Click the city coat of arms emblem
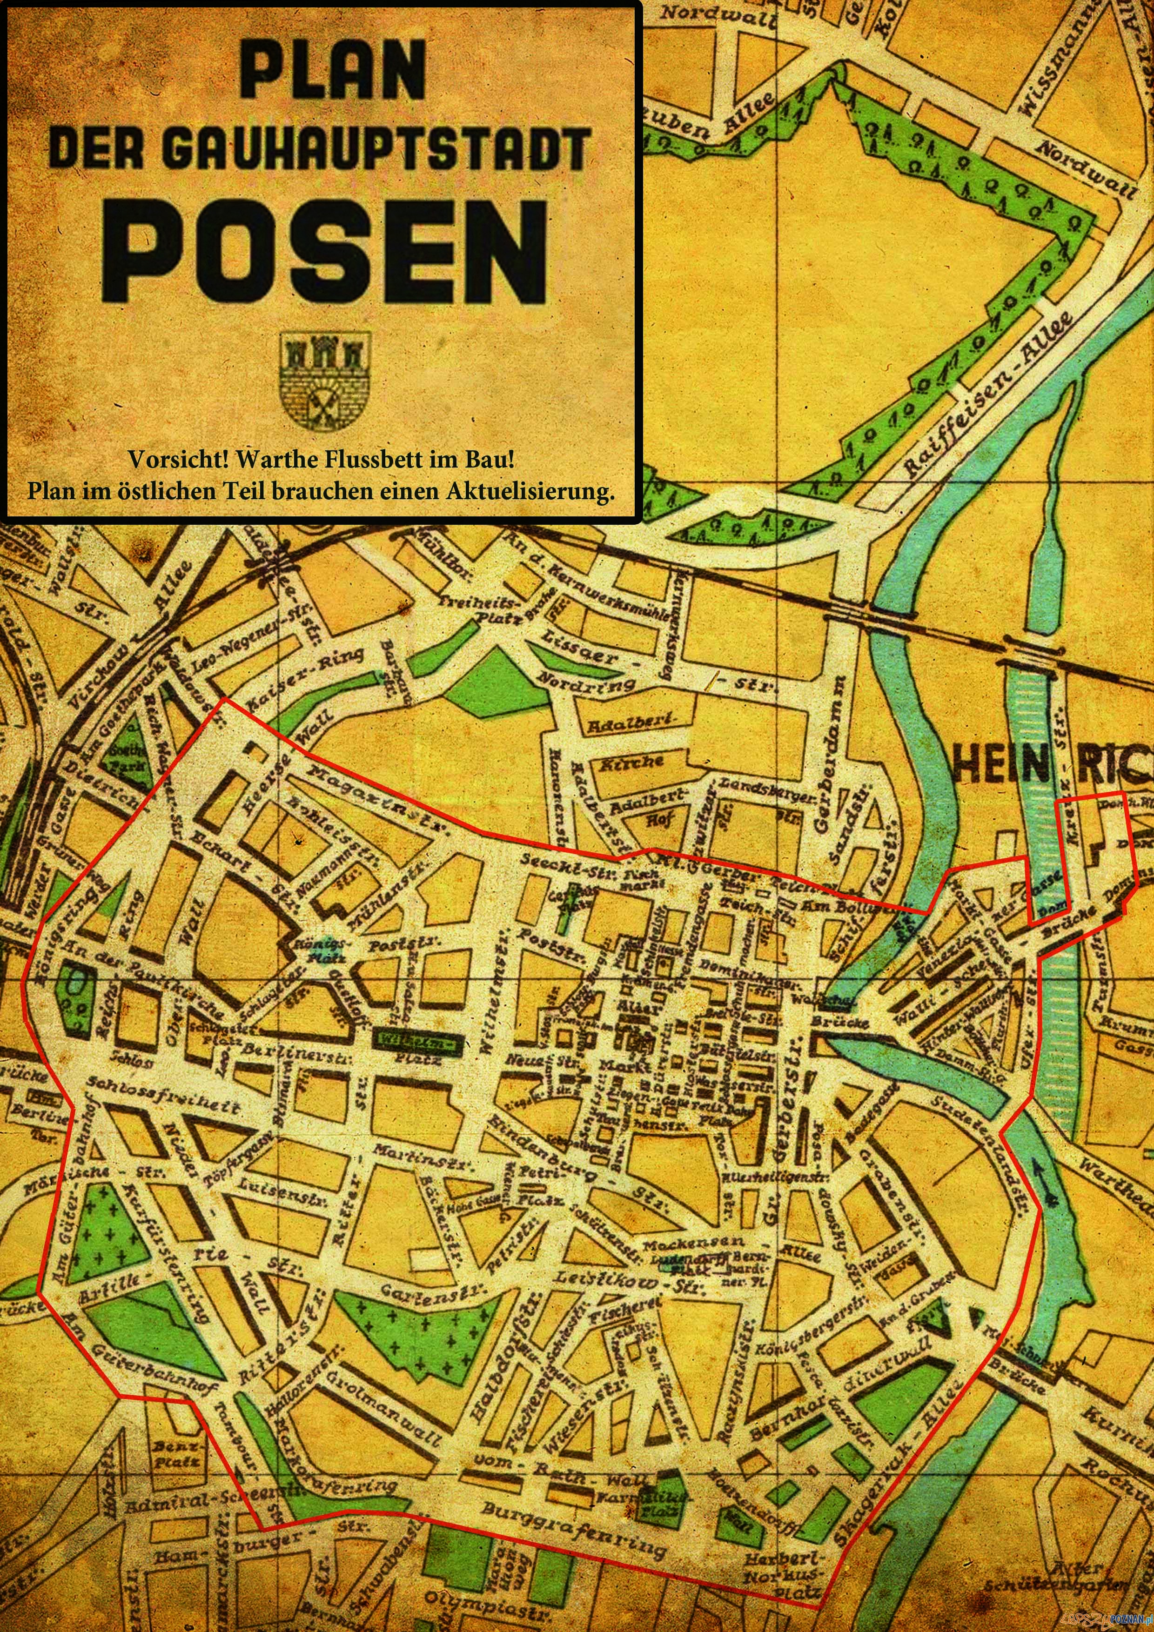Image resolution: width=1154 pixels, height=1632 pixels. (x=326, y=380)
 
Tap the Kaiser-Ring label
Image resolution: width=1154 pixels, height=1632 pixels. (x=306, y=679)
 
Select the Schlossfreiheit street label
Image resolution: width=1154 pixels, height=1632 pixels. (x=163, y=1095)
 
